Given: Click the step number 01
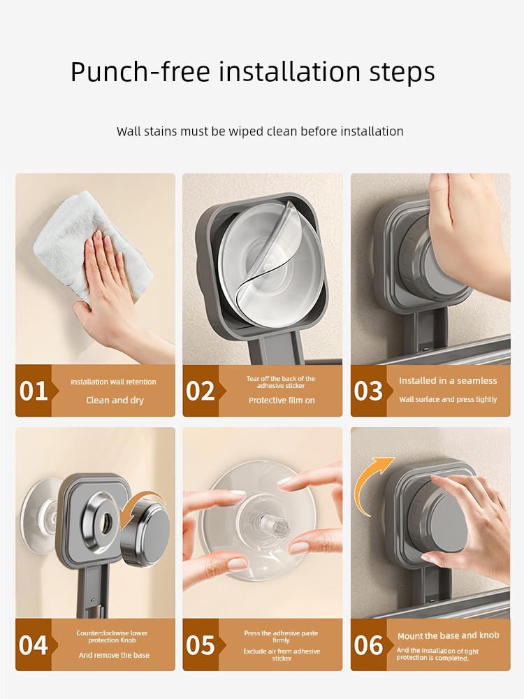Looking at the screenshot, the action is (34, 391).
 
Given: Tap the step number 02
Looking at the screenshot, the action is (201, 391).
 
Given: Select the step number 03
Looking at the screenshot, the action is (368, 391).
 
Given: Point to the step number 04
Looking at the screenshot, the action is (34, 645).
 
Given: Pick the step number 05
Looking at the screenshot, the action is (201, 645).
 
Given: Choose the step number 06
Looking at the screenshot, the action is (368, 645).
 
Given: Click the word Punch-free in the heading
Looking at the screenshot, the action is (140, 72).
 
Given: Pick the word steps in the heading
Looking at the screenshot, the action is (402, 72).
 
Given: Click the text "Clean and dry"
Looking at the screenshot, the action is (115, 401).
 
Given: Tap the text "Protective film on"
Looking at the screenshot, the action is (282, 401).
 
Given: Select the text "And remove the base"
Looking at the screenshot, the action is (114, 655).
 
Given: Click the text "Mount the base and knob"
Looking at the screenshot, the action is (449, 635).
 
